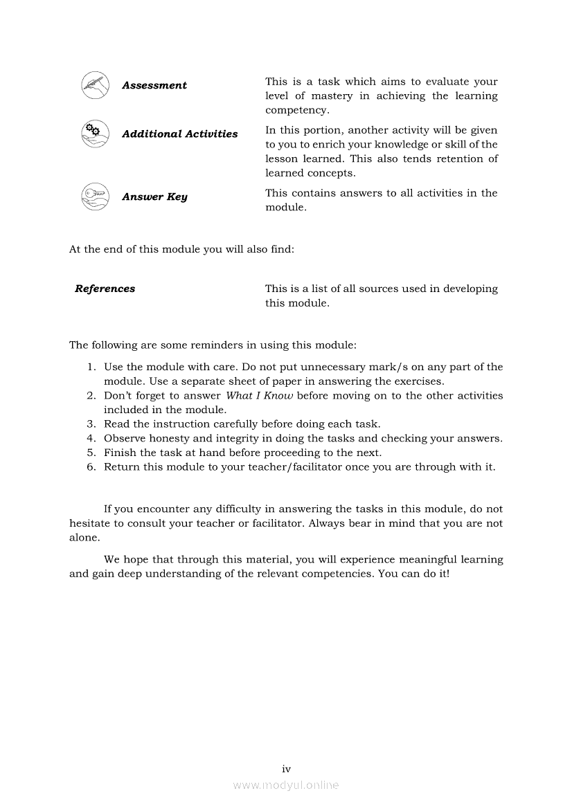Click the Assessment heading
pos(154,86)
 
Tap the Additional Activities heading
pos(179,134)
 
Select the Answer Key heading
pos(154,197)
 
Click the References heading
pos(105,289)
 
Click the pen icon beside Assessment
pos(95,85)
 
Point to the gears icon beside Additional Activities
pos(95,134)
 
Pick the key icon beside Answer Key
pos(95,197)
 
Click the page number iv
pos(286,769)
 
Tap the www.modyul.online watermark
pos(286,785)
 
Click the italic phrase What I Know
pos(260,396)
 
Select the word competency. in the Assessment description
pos(297,111)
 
